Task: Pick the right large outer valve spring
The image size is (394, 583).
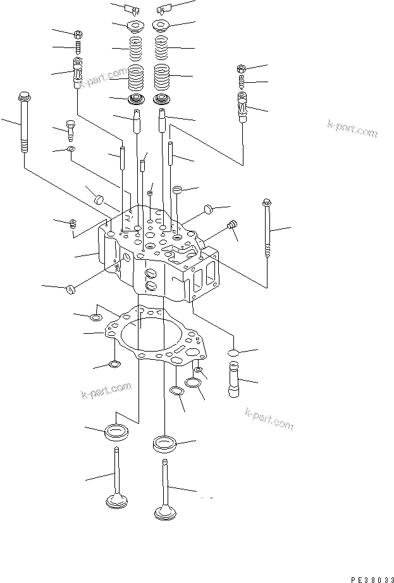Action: [x=162, y=78]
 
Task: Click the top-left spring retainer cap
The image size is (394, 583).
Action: [x=136, y=27]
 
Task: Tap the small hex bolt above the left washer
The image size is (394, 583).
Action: [x=71, y=130]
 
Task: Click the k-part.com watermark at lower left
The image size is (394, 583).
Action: [x=106, y=391]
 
